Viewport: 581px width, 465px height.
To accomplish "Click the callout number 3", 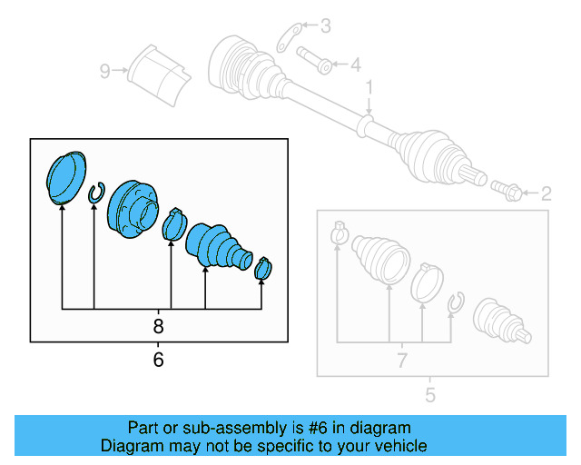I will click(x=325, y=25).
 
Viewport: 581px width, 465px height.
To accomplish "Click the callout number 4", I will click(x=356, y=64).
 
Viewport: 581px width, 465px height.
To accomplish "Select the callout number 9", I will click(x=105, y=70).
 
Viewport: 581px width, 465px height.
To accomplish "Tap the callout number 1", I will click(x=369, y=86).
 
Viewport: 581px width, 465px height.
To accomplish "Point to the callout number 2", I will click(x=546, y=193).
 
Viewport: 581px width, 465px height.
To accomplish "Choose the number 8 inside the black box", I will click(x=158, y=326).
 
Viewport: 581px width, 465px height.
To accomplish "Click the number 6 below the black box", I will click(x=158, y=361).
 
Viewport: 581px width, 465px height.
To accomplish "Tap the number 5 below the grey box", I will click(x=430, y=395).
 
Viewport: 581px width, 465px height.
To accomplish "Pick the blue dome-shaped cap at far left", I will click(x=65, y=176).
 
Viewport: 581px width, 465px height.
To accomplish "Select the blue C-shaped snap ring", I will click(x=95, y=193).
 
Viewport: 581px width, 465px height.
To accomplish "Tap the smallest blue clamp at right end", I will click(x=264, y=268).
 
